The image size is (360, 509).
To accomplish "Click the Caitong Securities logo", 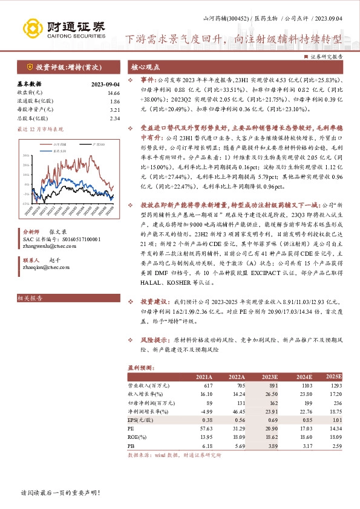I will [63, 28].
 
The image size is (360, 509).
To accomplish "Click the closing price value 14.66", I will [114, 93].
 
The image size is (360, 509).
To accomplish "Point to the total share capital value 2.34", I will [115, 118].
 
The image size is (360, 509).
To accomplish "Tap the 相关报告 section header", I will [28, 299].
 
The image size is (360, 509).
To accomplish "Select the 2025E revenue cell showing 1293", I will [336, 385].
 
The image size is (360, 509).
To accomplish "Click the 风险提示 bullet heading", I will [154, 340].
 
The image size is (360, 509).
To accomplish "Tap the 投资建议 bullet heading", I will [154, 300].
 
